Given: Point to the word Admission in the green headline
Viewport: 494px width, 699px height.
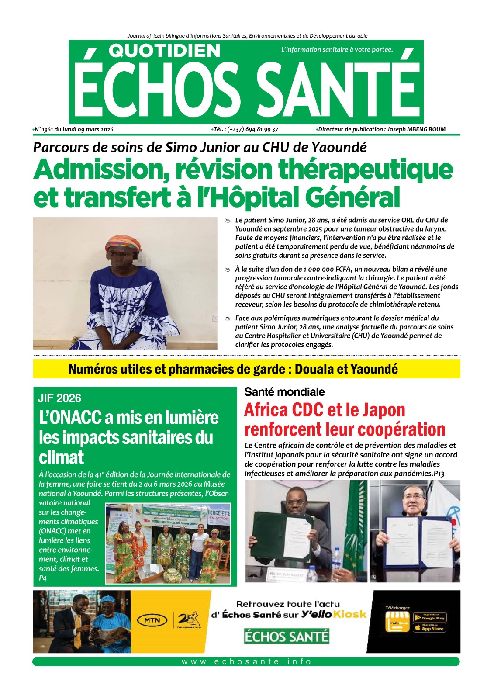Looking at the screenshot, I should click(x=101, y=170).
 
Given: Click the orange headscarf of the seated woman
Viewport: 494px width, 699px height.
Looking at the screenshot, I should click(x=124, y=242).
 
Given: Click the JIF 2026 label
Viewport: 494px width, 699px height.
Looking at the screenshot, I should click(x=59, y=398).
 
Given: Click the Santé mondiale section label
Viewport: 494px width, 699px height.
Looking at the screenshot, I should click(x=284, y=392).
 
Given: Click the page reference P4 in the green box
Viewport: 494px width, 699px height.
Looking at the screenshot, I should click(x=43, y=578).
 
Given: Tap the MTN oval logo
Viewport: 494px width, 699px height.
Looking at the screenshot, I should click(x=152, y=620).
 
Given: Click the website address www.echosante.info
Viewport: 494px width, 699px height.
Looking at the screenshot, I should click(x=246, y=662).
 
